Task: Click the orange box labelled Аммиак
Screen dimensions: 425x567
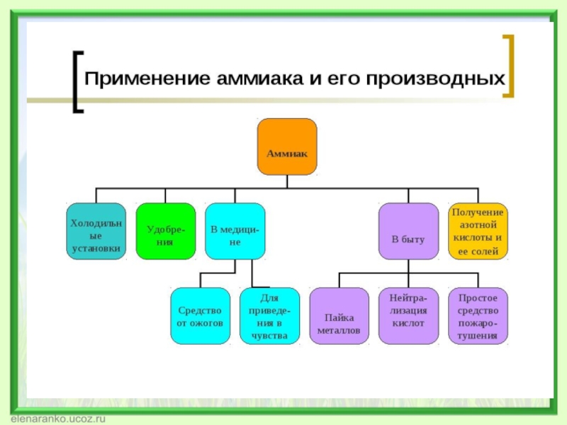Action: tap(286, 147)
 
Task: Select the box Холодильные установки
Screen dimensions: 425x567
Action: tap(96, 232)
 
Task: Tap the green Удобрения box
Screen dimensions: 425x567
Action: tap(165, 232)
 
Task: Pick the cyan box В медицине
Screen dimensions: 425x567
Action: tap(235, 232)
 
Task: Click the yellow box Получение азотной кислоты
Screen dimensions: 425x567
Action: tap(478, 232)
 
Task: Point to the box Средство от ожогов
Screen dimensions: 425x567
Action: tap(200, 316)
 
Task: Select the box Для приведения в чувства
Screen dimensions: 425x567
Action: tap(269, 316)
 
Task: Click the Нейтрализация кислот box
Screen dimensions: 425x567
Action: tap(408, 316)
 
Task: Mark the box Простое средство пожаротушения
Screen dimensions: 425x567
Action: tap(478, 316)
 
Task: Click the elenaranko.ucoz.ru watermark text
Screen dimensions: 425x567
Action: tap(53, 419)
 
